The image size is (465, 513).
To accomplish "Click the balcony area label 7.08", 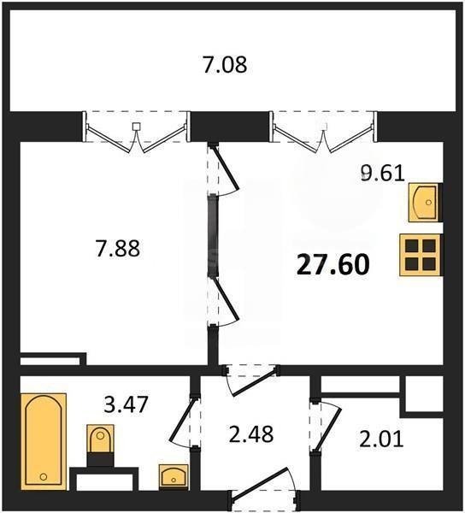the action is click(x=225, y=64).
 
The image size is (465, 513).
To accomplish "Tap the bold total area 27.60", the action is click(x=333, y=265).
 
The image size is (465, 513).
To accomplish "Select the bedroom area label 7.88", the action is click(x=118, y=248).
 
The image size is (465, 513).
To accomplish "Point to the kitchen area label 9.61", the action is click(x=383, y=173).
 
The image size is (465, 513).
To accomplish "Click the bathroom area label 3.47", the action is click(x=127, y=404).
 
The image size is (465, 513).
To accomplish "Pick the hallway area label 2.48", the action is click(x=251, y=434).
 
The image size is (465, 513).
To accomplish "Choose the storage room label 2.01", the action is click(x=381, y=439).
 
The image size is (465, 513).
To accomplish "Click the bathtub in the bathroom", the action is click(x=44, y=441).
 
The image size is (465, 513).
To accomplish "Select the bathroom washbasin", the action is click(x=174, y=476).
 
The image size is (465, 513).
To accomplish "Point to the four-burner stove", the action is click(x=421, y=255).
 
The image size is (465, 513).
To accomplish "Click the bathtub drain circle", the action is click(x=43, y=477).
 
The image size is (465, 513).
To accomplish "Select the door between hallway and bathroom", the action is click(x=185, y=422).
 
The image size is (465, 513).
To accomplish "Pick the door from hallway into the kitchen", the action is click(x=251, y=380).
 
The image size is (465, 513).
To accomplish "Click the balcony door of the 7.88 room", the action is click(x=136, y=135).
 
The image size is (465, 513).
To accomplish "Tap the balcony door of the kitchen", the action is click(x=323, y=135).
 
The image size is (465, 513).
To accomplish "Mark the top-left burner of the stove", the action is click(x=412, y=245).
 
